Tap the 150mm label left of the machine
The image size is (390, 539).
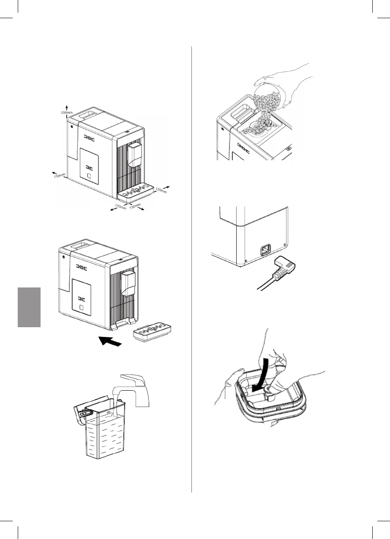pos(59,176)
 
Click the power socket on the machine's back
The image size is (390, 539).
pos(266,250)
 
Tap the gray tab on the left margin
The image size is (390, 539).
pos(29,307)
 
